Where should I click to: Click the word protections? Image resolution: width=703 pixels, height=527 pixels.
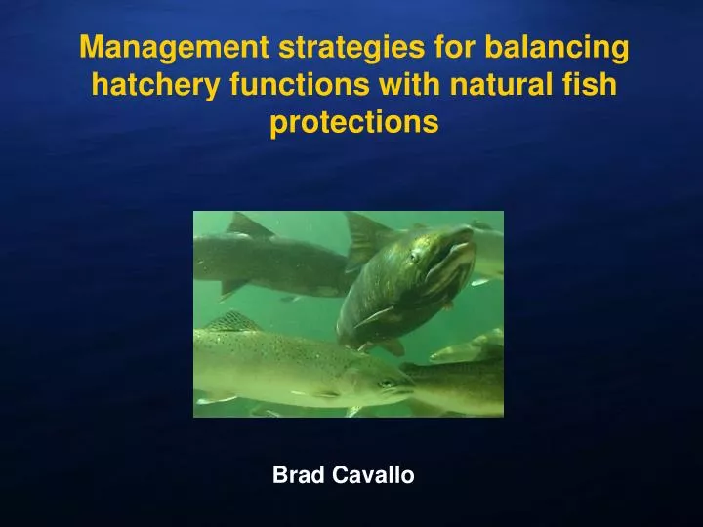[352, 123]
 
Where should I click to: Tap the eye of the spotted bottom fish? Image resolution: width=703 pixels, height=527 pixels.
[389, 384]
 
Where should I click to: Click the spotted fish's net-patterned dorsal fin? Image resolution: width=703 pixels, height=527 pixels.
[234, 322]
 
